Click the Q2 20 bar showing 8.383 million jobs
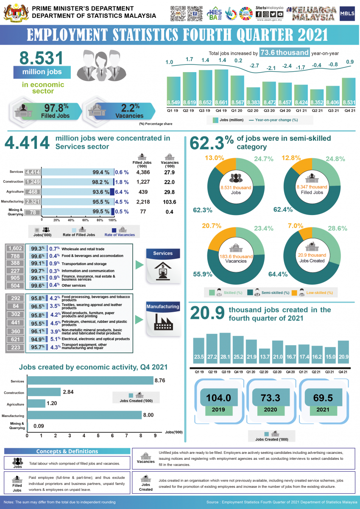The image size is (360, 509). coord(254,97)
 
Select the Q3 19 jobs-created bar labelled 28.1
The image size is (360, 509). coord(225,348)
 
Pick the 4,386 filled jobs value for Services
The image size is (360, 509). coord(143,173)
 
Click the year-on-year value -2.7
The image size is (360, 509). coord(254,66)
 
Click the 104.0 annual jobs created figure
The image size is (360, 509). coord(218,398)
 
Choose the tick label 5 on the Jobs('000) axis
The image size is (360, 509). coord(98,435)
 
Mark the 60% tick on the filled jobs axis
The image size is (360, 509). coord(85,221)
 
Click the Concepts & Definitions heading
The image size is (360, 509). coord(67,451)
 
